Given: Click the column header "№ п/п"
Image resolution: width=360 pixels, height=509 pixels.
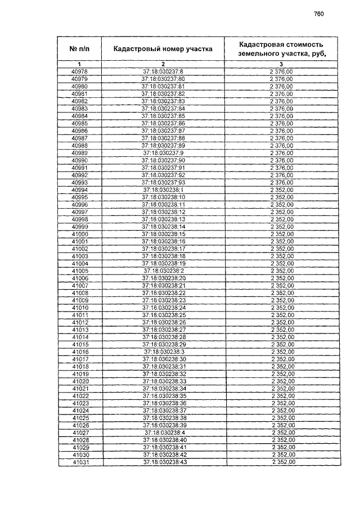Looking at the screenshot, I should click(x=80, y=49).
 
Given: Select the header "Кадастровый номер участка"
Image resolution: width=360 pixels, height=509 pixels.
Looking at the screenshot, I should click(x=163, y=49).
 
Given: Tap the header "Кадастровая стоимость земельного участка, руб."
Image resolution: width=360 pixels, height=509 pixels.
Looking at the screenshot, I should click(x=282, y=49).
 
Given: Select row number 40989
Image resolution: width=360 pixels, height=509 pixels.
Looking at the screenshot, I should click(x=80, y=152).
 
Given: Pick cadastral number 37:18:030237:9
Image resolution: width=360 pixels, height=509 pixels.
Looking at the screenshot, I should click(x=163, y=152).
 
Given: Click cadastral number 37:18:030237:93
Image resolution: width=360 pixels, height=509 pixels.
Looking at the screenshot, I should click(x=163, y=182).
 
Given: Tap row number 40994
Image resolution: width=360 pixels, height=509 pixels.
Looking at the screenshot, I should click(x=80, y=190).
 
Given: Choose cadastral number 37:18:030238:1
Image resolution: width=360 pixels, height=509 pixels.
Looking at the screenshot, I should click(x=163, y=190).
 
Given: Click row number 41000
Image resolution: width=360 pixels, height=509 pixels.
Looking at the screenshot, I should click(x=80, y=233).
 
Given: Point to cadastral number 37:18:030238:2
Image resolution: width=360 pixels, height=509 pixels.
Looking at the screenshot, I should click(x=163, y=271).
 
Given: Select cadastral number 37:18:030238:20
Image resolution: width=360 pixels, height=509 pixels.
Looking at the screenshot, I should click(x=163, y=278).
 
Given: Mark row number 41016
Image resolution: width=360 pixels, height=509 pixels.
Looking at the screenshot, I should click(x=80, y=352).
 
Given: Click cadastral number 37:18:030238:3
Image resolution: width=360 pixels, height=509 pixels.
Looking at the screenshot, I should click(x=163, y=352).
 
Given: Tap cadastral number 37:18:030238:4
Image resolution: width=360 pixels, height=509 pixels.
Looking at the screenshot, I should click(x=163, y=433).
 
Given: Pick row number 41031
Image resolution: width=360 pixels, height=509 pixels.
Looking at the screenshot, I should click(x=80, y=462).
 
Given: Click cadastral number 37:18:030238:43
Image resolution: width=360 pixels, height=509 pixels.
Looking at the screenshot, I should click(x=163, y=462).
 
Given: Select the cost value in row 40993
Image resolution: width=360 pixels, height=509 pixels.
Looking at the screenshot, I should click(x=282, y=182).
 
